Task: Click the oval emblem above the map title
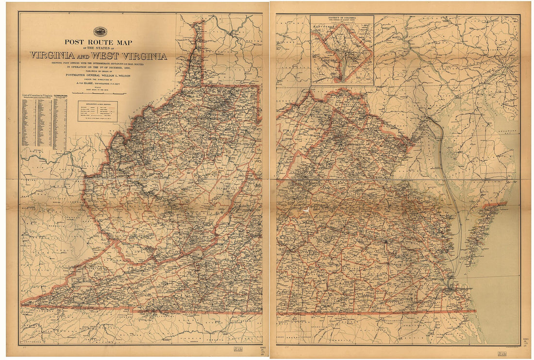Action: pos(101,32)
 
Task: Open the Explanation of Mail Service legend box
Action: pos(97,111)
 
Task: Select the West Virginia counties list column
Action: pos(60,124)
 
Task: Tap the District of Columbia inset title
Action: pos(342,18)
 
